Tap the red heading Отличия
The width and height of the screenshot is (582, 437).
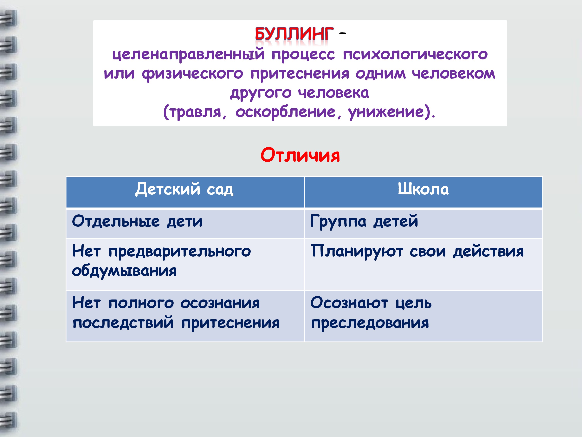point(300,155)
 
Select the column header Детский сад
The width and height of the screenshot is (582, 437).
point(184,189)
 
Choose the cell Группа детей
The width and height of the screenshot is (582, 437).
point(364,221)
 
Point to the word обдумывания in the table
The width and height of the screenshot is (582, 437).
point(124,271)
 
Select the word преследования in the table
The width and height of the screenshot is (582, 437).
point(370,323)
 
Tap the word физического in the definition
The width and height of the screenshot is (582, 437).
point(192,74)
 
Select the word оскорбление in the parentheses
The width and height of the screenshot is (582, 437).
point(286,112)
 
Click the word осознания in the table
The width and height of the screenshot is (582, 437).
point(220,303)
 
